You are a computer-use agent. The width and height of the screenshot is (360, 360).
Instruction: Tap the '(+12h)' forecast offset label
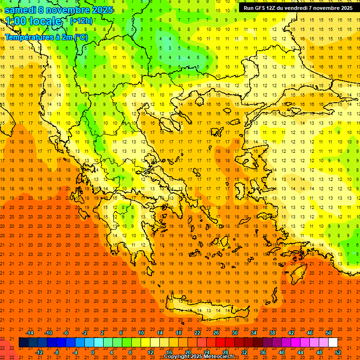coord(81,21)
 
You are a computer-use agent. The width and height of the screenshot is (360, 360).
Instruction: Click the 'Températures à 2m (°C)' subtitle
coord(46,37)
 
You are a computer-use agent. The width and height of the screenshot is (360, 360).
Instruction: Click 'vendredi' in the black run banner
coord(294,8)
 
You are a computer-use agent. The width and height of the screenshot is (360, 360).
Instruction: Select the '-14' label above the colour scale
coord(29,333)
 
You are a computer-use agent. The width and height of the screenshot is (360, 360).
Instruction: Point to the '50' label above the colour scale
coord(328,333)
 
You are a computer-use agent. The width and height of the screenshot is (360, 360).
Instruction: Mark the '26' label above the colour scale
coord(216,333)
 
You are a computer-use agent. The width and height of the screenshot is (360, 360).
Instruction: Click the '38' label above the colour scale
coord(272,333)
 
